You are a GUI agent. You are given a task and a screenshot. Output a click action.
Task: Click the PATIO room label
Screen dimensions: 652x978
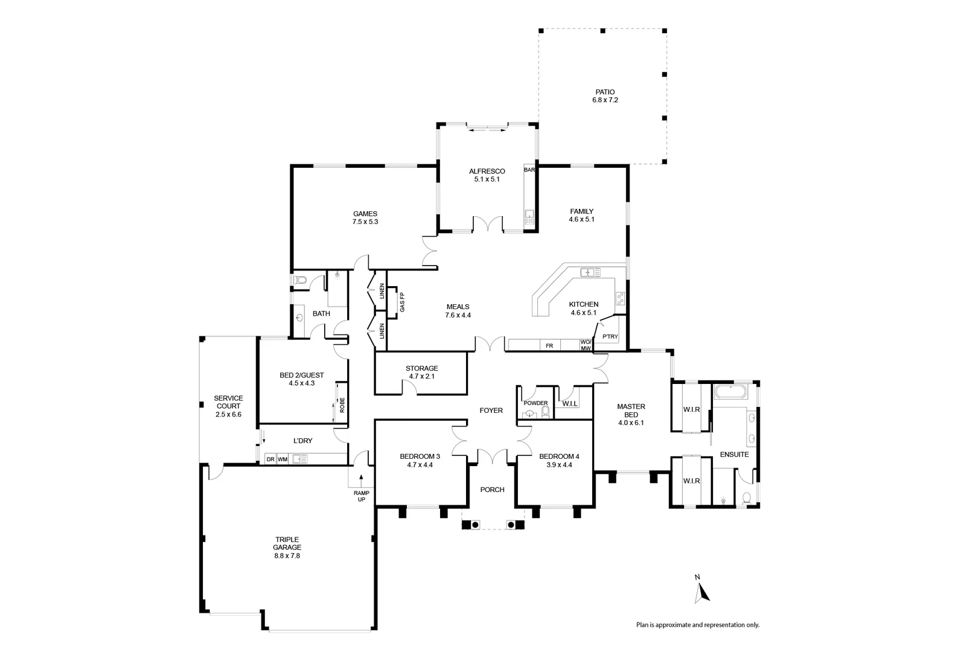pyautogui.click(x=605, y=92)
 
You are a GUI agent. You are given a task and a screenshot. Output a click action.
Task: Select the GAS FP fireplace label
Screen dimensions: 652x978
pyautogui.click(x=402, y=302)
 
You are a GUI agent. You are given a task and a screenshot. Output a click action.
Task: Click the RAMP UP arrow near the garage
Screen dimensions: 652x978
pyautogui.click(x=361, y=479)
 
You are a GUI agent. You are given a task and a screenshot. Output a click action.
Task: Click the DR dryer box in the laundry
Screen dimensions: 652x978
pyautogui.click(x=270, y=459)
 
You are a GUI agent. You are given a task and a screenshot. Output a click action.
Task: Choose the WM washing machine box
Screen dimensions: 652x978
pyautogui.click(x=283, y=459)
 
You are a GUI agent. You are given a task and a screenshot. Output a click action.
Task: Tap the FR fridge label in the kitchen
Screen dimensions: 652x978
pyautogui.click(x=549, y=346)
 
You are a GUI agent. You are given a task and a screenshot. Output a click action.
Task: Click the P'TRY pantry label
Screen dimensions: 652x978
pyautogui.click(x=610, y=337)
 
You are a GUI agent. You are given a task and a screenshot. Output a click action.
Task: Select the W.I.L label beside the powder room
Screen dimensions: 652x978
pyautogui.click(x=570, y=403)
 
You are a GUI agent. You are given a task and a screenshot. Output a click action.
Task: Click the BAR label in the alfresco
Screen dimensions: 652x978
pyautogui.click(x=529, y=170)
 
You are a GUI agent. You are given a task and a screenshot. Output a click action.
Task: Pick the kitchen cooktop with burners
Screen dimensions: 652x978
pyautogui.click(x=620, y=298)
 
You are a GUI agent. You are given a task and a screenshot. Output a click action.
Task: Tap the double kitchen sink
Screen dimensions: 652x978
pyautogui.click(x=590, y=272)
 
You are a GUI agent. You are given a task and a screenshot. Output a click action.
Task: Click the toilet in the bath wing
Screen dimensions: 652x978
pyautogui.click(x=301, y=280)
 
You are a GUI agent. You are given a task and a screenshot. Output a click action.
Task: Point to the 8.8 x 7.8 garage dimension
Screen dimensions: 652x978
pyautogui.click(x=287, y=555)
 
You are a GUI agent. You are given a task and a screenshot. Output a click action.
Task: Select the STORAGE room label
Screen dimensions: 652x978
pyautogui.click(x=421, y=368)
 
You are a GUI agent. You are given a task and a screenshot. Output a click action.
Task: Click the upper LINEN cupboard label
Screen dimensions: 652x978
pyautogui.click(x=382, y=292)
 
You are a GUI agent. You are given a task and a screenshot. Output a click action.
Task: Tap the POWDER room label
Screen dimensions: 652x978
pyautogui.click(x=535, y=403)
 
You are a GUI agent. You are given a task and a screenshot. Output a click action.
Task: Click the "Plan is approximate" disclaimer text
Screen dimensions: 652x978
pyautogui.click(x=697, y=625)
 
